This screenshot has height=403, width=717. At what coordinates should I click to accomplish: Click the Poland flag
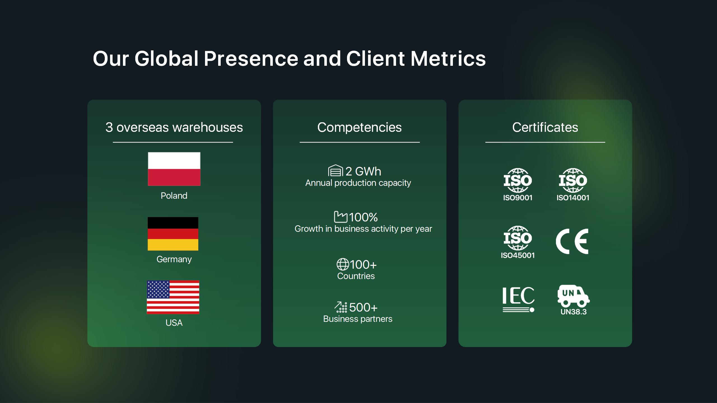click(174, 169)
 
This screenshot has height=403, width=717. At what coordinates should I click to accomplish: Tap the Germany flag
click(173, 234)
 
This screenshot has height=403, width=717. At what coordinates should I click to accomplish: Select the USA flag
click(173, 297)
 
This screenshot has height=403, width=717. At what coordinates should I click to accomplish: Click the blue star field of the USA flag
click(158, 289)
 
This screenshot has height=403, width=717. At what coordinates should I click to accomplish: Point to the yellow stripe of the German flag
click(173, 245)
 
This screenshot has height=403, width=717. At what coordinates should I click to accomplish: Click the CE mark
click(572, 241)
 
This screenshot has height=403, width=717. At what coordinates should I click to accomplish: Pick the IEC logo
click(518, 299)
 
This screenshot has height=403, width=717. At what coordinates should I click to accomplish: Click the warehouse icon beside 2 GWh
click(335, 170)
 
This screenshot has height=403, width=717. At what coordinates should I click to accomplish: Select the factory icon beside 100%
click(341, 217)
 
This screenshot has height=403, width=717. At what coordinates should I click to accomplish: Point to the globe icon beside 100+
click(343, 264)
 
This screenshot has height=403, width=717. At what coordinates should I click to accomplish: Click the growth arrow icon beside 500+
click(341, 307)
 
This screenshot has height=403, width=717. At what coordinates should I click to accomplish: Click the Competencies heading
click(359, 127)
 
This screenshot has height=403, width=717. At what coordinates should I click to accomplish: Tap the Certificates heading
click(545, 127)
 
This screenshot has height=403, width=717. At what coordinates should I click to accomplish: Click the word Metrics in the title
click(448, 58)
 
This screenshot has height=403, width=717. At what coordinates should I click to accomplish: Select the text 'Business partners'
click(358, 319)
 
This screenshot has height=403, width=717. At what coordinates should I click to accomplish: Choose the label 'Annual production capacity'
click(358, 183)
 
